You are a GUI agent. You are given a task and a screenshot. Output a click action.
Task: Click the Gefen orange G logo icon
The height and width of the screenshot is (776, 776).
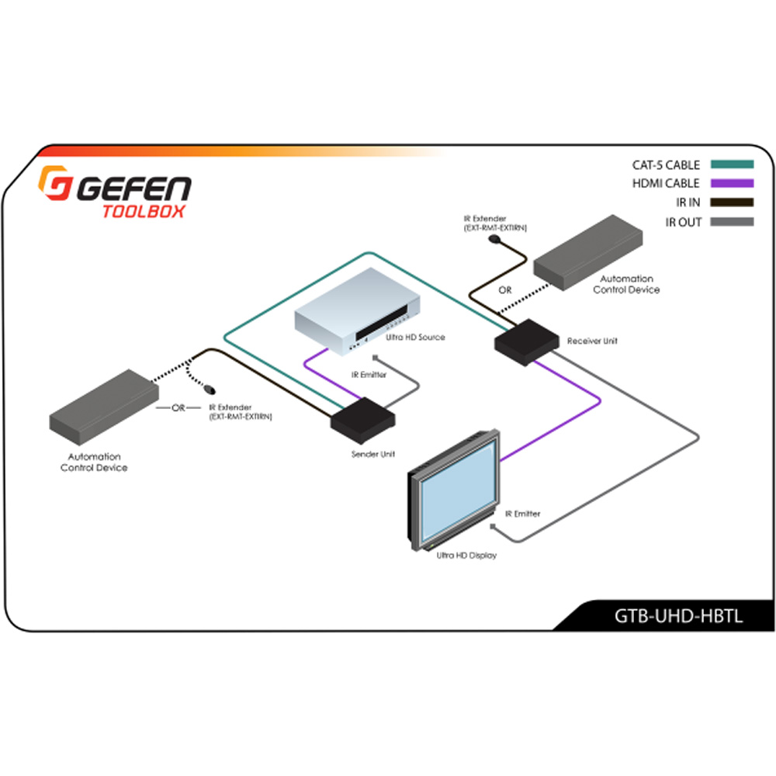(55, 182)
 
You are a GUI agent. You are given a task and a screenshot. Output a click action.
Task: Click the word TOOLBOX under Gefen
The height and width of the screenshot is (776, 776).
(144, 211)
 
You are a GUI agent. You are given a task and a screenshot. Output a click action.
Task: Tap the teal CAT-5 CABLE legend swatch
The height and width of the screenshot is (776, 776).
(732, 165)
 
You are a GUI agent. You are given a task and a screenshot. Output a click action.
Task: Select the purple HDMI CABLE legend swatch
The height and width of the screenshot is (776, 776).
(732, 183)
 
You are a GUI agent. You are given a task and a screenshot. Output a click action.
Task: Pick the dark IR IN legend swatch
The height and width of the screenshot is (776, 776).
(732, 202)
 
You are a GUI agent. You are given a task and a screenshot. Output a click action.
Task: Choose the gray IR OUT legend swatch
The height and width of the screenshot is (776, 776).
(732, 222)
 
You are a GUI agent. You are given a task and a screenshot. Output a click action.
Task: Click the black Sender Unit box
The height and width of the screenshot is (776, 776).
(362, 421)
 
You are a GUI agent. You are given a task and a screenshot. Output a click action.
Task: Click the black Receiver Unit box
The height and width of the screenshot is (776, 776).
(527, 342)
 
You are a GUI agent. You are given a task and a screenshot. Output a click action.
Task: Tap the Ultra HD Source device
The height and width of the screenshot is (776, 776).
(357, 311)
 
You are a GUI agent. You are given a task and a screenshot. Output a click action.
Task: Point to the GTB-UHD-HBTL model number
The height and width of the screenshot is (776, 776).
(678, 616)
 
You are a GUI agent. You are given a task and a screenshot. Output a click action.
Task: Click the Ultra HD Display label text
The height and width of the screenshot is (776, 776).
(466, 556)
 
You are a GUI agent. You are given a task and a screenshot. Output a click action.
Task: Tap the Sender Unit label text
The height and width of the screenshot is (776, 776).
(373, 454)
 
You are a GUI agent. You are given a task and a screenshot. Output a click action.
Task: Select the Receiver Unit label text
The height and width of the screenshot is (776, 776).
(592, 341)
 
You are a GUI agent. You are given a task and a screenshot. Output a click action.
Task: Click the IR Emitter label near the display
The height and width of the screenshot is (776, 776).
(522, 514)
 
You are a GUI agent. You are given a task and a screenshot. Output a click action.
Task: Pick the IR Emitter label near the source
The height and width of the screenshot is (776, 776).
(369, 375)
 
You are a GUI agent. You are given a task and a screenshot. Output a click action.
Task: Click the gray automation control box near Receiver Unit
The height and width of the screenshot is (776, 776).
(588, 252)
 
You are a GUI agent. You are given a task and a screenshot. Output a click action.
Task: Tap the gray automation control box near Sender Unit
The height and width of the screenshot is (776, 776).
(104, 407)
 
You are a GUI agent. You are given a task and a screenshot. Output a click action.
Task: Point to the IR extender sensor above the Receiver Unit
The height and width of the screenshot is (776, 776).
(494, 239)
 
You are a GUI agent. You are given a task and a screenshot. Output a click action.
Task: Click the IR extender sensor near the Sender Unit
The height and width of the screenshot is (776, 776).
(210, 390)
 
